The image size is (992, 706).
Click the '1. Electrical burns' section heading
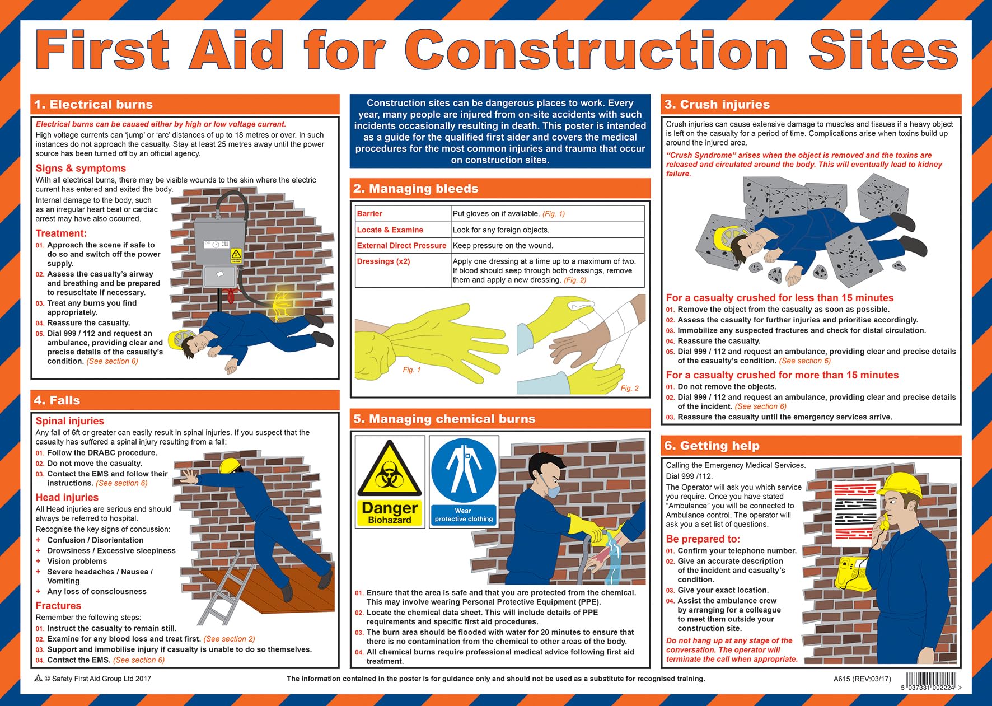[93, 105]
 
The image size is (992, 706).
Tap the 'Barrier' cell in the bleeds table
[369, 213]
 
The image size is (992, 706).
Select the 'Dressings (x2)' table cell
[383, 261]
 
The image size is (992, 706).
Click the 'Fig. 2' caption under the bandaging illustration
[629, 388]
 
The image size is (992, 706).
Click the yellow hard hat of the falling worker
[231, 466]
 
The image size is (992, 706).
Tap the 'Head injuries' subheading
[67, 497]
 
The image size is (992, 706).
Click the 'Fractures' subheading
[58, 606]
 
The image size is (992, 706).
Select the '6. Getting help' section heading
[712, 446]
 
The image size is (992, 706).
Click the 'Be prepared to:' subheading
[703, 539]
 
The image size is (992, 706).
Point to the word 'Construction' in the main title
[598, 50]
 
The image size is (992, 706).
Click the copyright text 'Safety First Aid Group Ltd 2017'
[98, 679]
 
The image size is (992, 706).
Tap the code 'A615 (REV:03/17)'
[862, 679]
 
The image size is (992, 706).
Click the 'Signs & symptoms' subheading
[81, 169]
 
